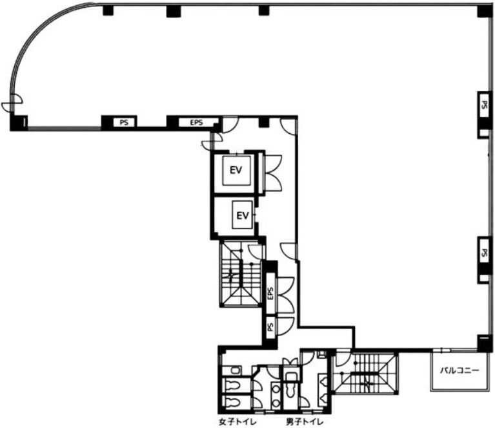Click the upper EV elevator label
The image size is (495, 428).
(236, 170)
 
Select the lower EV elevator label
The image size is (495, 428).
(243, 215)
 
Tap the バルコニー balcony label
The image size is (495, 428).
(460, 370)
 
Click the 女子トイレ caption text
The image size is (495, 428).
(237, 422)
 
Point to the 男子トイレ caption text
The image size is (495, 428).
(305, 422)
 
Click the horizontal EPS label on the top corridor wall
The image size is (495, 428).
(196, 122)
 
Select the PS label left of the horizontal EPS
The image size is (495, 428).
(124, 122)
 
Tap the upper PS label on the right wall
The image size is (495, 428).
(483, 105)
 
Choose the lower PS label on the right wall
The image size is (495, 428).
(483, 252)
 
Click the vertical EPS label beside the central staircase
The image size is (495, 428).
(270, 294)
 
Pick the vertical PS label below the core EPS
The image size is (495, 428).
(270, 326)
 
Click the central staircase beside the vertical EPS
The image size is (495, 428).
(241, 273)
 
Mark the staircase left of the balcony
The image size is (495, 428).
(365, 373)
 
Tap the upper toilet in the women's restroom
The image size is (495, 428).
(233, 385)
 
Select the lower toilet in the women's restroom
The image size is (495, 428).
(233, 402)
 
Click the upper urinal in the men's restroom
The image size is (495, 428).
(323, 381)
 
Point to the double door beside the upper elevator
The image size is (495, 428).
(273, 173)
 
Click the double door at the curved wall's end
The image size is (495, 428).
(12, 103)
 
